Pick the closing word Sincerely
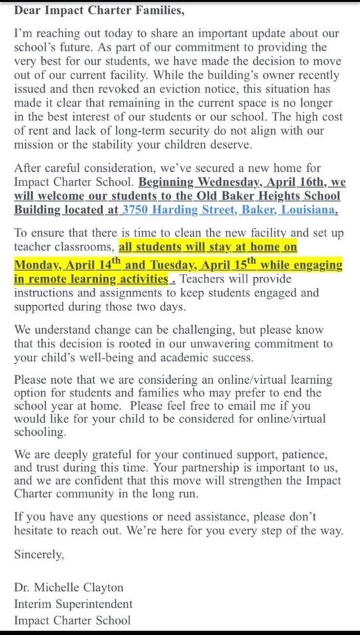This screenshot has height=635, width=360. click(x=39, y=554)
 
